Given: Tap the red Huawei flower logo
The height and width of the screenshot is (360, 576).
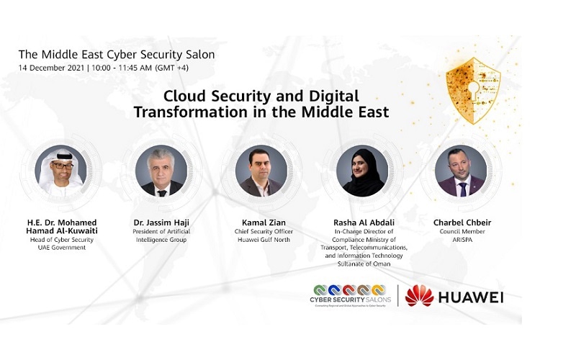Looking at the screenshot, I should pyautogui.click(x=419, y=295).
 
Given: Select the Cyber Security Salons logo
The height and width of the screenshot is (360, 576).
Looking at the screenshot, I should pyautogui.click(x=350, y=295).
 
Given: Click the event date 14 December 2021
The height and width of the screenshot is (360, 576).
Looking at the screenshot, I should pyautogui.click(x=50, y=69).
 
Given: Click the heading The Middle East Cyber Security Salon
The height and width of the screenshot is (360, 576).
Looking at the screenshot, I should pyautogui.click(x=116, y=54).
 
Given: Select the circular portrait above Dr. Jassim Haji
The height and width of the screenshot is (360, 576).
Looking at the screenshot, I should pyautogui.click(x=161, y=171).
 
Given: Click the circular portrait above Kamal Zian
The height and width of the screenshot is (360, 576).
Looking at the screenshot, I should pyautogui.click(x=261, y=171).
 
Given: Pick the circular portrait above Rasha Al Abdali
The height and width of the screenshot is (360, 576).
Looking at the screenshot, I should pyautogui.click(x=362, y=171).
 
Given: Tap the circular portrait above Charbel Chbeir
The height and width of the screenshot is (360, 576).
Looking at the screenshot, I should pyautogui.click(x=461, y=171).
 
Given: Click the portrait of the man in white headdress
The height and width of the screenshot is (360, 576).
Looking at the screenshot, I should pyautogui.click(x=60, y=171).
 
